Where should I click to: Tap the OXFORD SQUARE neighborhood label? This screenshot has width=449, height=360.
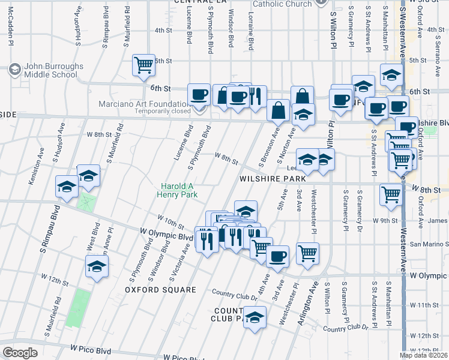click(x=160, y=290)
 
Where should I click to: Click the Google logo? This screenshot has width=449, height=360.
click(x=20, y=353)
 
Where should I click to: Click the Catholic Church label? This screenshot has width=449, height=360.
click(x=282, y=4)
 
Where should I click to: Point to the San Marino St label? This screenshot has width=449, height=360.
click(x=428, y=244)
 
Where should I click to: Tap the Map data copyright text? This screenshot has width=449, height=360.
click(x=424, y=355)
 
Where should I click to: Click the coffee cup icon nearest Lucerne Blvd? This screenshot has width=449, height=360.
click(x=199, y=94)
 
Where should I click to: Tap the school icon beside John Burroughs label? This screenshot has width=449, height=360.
click(x=14, y=70)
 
